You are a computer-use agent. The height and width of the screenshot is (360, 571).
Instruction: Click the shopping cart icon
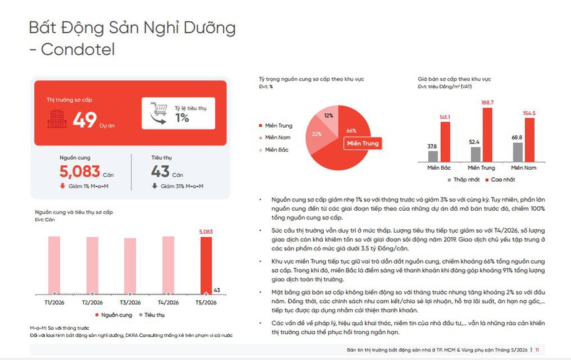(x=159, y=113)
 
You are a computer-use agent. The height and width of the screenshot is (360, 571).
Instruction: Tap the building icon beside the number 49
(x=57, y=119)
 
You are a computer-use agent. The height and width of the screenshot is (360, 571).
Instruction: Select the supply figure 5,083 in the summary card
(x=80, y=172)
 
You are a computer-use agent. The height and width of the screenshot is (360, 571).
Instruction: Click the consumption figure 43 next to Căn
(x=160, y=172)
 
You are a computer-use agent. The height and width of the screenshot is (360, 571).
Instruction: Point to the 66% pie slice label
(x=352, y=131)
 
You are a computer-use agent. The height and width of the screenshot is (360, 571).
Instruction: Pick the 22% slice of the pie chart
(x=317, y=135)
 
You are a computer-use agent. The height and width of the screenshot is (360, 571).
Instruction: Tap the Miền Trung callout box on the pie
(x=363, y=143)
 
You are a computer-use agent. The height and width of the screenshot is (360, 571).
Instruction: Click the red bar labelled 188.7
(x=487, y=135)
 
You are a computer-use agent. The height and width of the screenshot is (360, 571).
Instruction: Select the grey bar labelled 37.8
(x=433, y=157)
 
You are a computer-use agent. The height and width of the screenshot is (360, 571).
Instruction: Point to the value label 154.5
(x=529, y=113)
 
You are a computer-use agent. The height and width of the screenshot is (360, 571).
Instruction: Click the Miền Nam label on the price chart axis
(x=523, y=168)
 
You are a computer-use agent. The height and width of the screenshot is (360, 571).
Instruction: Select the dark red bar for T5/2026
(x=206, y=266)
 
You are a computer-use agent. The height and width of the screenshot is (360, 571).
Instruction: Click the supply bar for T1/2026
(x=54, y=265)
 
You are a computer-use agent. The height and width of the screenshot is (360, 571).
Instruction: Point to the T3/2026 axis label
(x=130, y=303)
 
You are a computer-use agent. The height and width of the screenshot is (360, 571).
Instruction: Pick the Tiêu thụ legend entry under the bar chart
(x=152, y=315)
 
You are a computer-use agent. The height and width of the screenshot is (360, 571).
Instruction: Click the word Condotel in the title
(x=78, y=50)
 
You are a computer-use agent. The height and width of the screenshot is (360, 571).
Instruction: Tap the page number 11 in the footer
(x=537, y=350)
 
